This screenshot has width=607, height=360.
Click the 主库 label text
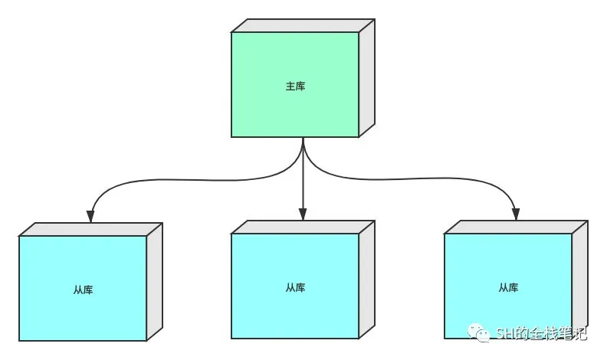click(295, 86)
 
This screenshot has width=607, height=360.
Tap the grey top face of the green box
click(303, 25)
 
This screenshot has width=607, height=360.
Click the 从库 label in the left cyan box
click(83, 290)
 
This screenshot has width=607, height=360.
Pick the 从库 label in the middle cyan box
click(295, 288)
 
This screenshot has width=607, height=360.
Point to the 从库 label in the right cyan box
click(508, 288)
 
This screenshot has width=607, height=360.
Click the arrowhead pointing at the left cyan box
click(90, 215)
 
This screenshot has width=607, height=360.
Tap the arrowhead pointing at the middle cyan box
click(303, 214)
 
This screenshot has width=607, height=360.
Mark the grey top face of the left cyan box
click(90, 229)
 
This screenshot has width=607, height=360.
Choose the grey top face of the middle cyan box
click(303, 227)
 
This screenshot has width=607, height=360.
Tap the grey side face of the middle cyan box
click(366, 279)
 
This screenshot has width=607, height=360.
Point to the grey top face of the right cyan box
click(516, 227)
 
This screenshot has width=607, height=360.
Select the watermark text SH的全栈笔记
click(540, 334)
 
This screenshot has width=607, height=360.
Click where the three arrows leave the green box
click(303, 139)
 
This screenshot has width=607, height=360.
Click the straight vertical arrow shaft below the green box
click(303, 180)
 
